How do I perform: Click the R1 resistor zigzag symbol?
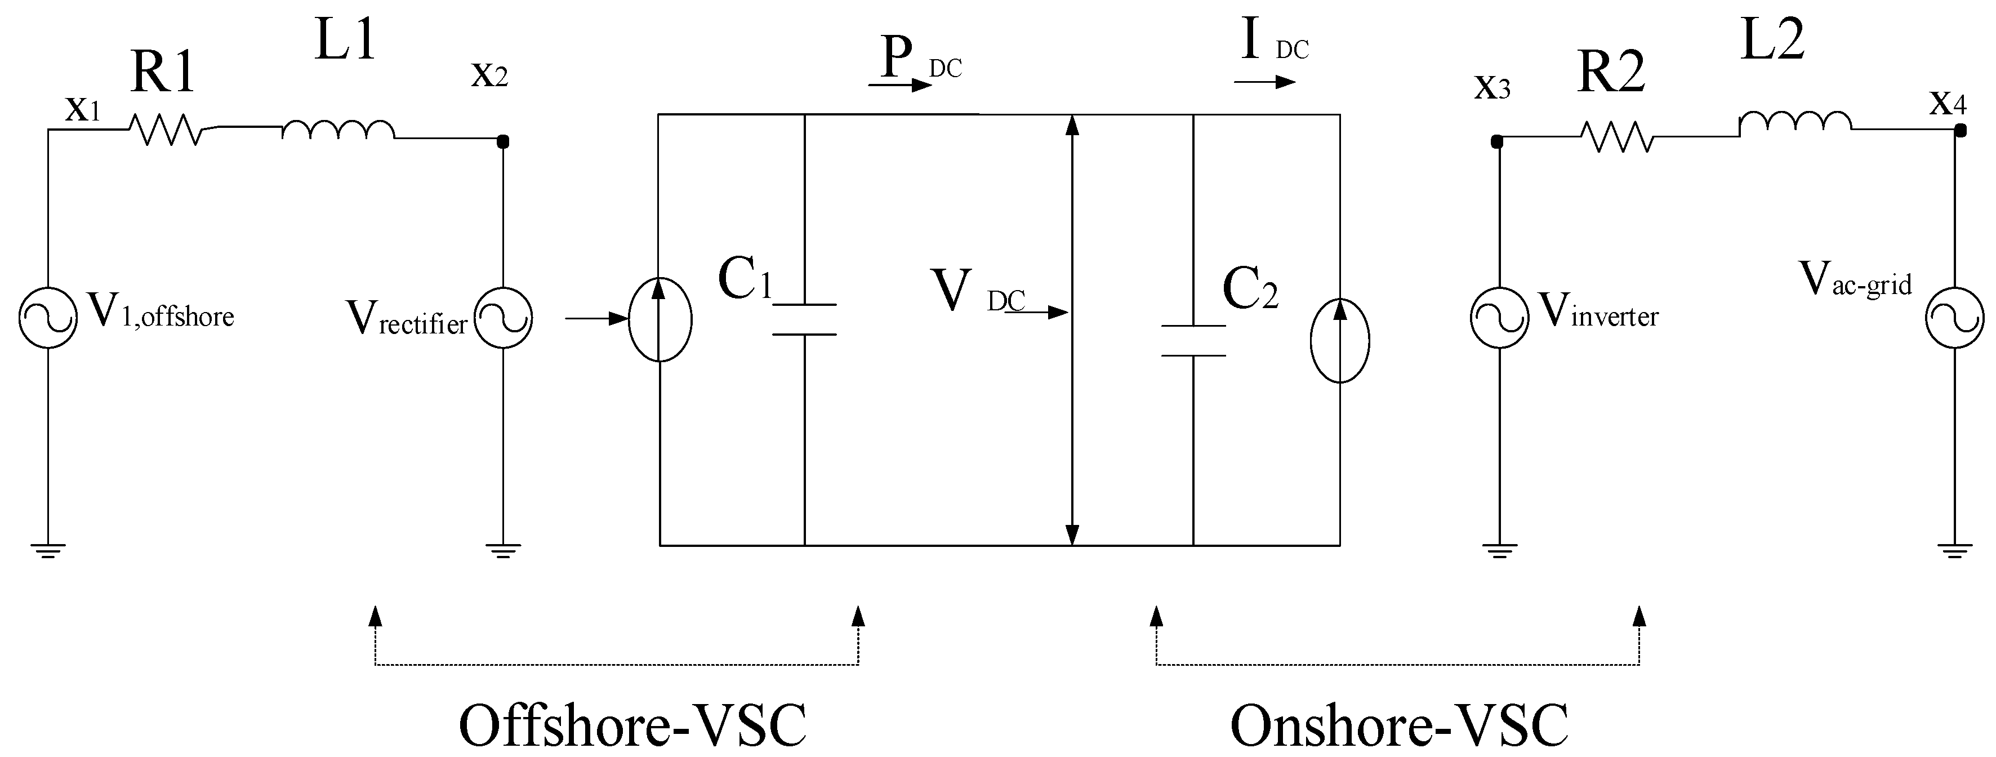click(x=165, y=130)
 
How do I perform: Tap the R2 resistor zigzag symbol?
click(x=1617, y=136)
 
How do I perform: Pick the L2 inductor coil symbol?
click(x=1795, y=122)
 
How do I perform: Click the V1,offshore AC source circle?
click(x=48, y=318)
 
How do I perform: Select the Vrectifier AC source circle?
click(x=504, y=318)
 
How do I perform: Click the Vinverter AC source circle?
click(x=1499, y=318)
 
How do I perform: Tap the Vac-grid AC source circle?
click(x=1955, y=318)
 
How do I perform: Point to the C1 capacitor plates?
click(x=805, y=319)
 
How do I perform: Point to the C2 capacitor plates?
click(x=1193, y=340)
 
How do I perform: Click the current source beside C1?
click(x=660, y=319)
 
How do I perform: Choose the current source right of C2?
click(x=1340, y=340)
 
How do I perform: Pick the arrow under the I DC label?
click(x=1264, y=81)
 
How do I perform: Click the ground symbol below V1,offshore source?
click(x=48, y=551)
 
